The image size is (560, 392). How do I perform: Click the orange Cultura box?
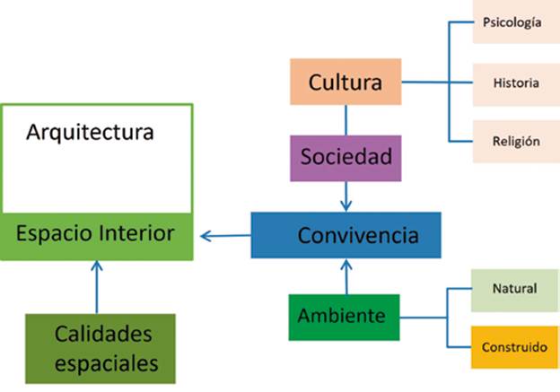(346, 83)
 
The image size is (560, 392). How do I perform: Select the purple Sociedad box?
(346, 158)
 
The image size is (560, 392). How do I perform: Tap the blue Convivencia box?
(346, 235)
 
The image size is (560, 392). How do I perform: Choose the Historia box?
(516, 83)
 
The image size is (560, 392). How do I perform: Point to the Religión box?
(516, 141)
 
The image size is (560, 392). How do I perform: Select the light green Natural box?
(514, 289)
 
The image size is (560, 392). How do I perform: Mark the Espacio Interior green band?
(96, 236)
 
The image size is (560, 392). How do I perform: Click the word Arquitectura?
(90, 133)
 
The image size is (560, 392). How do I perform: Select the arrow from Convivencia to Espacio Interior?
(224, 237)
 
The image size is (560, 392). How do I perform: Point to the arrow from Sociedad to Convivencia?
(346, 196)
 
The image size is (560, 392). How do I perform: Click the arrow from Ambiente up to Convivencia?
(346, 276)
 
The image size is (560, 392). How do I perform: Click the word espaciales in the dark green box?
(106, 363)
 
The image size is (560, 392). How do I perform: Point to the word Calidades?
(103, 335)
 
